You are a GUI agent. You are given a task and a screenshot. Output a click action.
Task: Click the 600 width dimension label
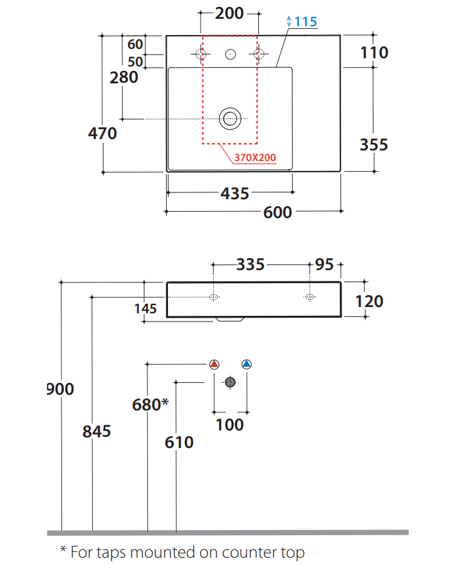click(x=277, y=212)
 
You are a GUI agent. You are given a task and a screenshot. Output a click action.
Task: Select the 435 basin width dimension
click(x=235, y=194)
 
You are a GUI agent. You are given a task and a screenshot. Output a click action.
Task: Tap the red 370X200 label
click(x=255, y=158)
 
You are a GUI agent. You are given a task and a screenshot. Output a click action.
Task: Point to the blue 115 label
click(x=305, y=22)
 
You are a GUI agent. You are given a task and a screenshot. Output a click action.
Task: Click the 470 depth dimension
click(x=102, y=133)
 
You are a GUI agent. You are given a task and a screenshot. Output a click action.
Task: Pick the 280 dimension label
click(x=123, y=78)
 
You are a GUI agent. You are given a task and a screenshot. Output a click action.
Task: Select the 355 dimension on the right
click(x=374, y=145)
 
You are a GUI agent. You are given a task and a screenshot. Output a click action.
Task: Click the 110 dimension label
click(x=374, y=52)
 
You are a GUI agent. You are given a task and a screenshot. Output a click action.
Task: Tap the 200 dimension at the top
click(x=229, y=13)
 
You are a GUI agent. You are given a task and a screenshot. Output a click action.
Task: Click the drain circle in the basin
click(x=230, y=118)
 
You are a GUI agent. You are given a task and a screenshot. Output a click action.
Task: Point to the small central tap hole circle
click(x=230, y=55)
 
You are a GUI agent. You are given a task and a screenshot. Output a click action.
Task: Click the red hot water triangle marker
click(x=214, y=364)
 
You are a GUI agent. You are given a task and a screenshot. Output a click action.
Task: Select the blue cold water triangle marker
click(x=246, y=364)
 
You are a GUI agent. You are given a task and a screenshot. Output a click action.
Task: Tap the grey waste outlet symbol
click(x=230, y=382)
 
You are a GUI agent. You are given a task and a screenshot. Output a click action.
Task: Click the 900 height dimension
click(x=61, y=389)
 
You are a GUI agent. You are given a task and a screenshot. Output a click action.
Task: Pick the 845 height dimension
click(x=97, y=431)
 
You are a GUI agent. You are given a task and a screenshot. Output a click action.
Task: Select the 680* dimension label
click(x=150, y=405)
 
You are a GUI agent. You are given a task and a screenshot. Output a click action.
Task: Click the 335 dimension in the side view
click(x=250, y=264)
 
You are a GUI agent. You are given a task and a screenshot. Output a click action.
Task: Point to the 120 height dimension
click(x=369, y=301)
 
